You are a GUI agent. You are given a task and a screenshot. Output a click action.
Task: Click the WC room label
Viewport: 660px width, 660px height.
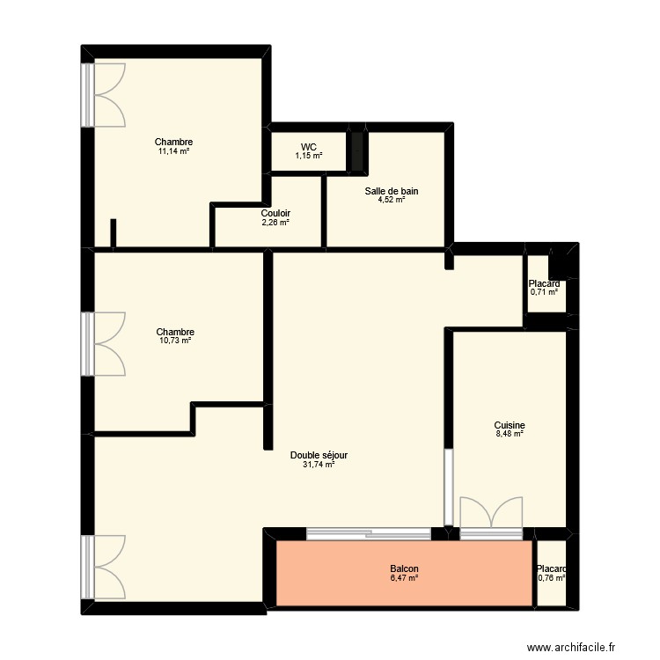[x=308, y=147]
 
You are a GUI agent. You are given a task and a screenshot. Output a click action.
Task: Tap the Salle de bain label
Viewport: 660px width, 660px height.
[x=391, y=191]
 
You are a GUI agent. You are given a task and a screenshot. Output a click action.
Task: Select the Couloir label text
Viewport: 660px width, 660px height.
[x=275, y=214]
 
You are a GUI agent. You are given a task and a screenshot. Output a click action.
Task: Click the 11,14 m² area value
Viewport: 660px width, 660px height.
[x=173, y=151]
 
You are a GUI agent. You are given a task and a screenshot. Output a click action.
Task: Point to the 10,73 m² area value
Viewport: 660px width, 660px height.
[x=174, y=341]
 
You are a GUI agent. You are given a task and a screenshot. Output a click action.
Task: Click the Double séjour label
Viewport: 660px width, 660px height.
[x=319, y=455]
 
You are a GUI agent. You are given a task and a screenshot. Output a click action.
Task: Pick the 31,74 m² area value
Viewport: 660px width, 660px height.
[x=319, y=465]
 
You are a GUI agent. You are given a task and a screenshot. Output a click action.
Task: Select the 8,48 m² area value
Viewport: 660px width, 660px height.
[x=509, y=433]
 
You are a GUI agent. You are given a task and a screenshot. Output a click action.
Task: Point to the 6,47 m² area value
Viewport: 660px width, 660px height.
[x=404, y=578]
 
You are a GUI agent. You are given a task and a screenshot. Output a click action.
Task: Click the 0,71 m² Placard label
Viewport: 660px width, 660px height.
[x=544, y=283]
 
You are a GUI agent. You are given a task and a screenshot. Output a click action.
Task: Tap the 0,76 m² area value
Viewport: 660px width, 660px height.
[x=551, y=578]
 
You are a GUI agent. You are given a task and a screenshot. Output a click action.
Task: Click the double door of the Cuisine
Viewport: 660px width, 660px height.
[x=490, y=517]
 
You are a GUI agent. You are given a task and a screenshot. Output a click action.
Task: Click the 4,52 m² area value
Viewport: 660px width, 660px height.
[x=391, y=201]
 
